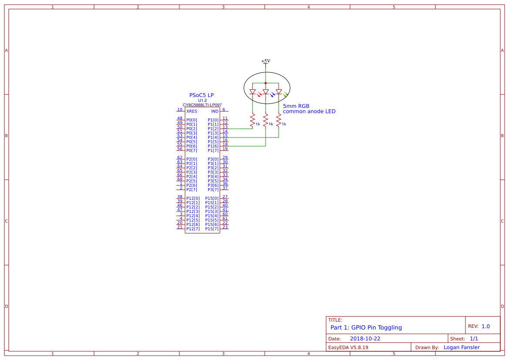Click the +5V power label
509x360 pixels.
click(x=266, y=61)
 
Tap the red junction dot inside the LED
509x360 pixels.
click(x=266, y=83)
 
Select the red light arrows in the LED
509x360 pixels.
click(x=260, y=94)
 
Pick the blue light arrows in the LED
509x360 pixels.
click(x=273, y=94)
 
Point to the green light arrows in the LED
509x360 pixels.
click(x=286, y=94)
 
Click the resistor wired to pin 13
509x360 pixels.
click(x=253, y=120)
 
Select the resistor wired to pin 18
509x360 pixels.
click(x=266, y=120)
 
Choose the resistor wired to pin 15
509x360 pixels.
click(x=279, y=120)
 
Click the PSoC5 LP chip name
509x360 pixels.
click(x=201, y=95)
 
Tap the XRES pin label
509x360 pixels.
click(x=192, y=111)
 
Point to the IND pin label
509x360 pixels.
click(x=215, y=111)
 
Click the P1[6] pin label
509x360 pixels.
click(x=213, y=146)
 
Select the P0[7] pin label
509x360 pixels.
click(x=192, y=151)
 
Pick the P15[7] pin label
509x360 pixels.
click(x=212, y=229)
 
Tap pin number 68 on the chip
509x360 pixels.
click(x=179, y=179)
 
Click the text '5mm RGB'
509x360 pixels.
click(x=296, y=106)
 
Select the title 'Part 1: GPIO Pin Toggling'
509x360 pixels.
click(x=366, y=327)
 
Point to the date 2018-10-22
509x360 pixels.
click(x=365, y=339)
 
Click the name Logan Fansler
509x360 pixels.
click(x=462, y=347)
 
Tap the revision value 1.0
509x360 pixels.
click(x=485, y=326)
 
